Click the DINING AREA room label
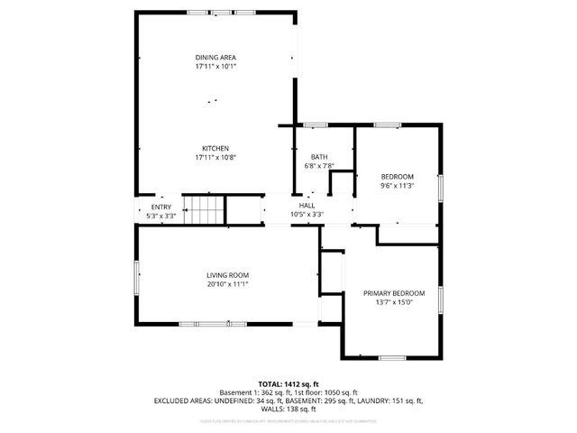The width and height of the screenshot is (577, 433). pos(215,57)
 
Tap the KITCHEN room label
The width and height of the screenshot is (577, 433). pos(215,148)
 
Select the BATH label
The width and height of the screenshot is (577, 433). pos(319,156)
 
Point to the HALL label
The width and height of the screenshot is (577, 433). pos(307,206)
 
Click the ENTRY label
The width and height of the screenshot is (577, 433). pos(160,207)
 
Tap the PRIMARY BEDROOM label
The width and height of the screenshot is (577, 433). pos(394,293)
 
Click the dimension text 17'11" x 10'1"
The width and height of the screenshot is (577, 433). pos(215,67)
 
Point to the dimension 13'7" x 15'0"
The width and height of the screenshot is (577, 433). pos(394,303)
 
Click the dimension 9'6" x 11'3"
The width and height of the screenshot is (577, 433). pos(397,186)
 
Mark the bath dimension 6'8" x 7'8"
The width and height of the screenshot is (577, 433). pos(319,166)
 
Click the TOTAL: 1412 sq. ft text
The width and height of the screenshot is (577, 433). pos(288,383)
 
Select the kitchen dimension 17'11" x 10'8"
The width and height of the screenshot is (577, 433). pos(215,158)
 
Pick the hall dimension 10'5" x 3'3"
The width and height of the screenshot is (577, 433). pos(307,216)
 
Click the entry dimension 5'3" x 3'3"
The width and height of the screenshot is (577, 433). pos(160,216)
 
